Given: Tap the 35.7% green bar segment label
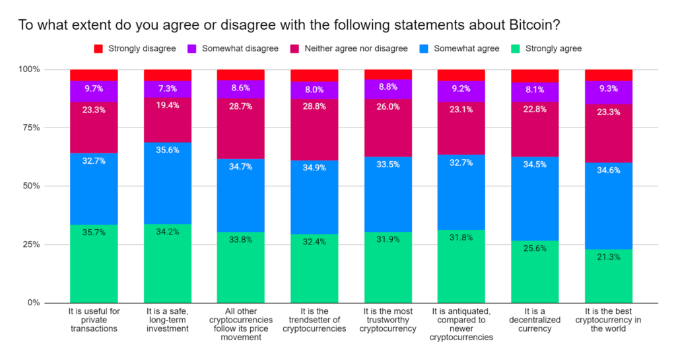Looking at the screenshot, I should click(x=94, y=233).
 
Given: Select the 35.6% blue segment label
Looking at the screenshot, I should click(x=168, y=149).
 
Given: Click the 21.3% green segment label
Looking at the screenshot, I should click(x=609, y=257).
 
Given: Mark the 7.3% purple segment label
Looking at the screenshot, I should click(x=168, y=87).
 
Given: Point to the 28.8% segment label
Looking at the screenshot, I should click(x=314, y=105).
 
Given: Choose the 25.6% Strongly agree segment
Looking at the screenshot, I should click(x=535, y=272).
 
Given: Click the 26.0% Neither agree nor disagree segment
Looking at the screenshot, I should click(x=388, y=106).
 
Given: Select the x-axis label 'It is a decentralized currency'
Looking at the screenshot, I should click(x=535, y=320).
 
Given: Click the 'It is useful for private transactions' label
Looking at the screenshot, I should click(x=94, y=320).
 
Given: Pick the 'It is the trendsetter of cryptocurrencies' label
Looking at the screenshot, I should click(x=314, y=320).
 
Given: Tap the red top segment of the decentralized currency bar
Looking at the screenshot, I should click(x=535, y=75).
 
